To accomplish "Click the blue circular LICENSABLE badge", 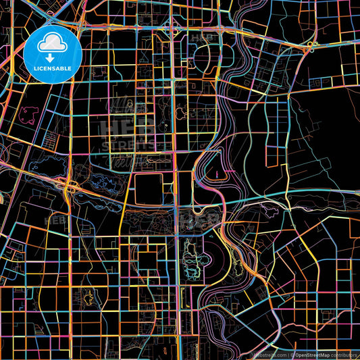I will tap(53, 55).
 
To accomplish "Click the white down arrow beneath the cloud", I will tap(53, 57).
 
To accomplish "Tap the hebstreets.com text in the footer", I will tap(269, 355).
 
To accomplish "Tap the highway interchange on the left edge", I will tap(70, 190).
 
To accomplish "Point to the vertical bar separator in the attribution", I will tap(289, 355).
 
